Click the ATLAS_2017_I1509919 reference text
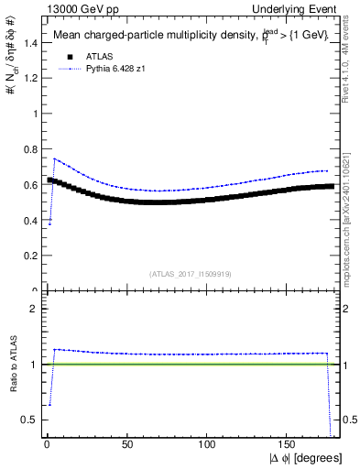coord(191,274)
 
